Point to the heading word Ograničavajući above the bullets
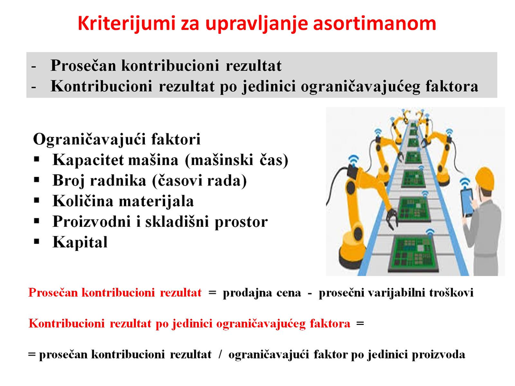90,139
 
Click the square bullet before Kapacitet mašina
37,160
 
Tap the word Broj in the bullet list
67,181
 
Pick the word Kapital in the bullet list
80,242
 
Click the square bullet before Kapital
37,242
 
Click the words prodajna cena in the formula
262,293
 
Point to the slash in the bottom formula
220,354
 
